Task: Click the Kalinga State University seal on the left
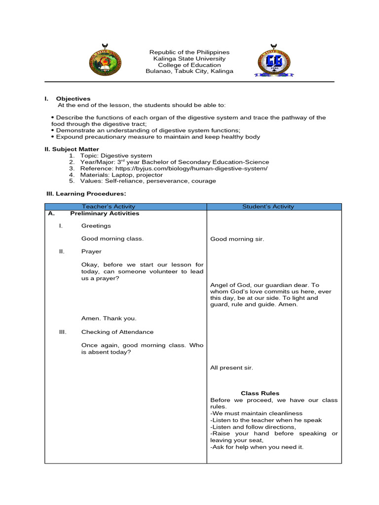click(x=105, y=62)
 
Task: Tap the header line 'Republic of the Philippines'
click(x=189, y=52)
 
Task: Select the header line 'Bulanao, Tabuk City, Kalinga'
click(x=189, y=72)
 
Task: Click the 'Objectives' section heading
click(x=73, y=99)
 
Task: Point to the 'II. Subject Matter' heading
click(x=72, y=149)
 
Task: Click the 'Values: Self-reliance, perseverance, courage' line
click(x=149, y=181)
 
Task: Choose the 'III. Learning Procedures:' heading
click(x=86, y=194)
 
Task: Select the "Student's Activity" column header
click(x=268, y=207)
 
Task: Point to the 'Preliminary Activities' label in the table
click(x=105, y=214)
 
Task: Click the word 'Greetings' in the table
click(x=96, y=226)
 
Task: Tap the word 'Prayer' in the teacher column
click(x=91, y=252)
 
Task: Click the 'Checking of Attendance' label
click(x=117, y=332)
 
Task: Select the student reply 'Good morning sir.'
click(x=237, y=239)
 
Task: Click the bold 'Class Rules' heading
click(x=260, y=394)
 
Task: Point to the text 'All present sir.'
click(x=231, y=368)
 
